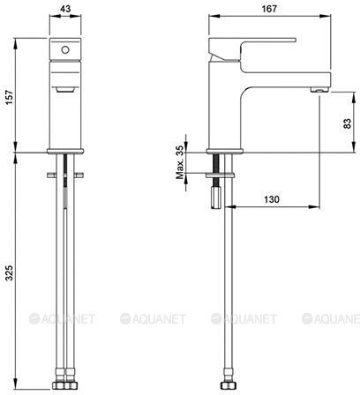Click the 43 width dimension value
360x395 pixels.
click(65, 9)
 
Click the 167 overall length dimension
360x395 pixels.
click(269, 9)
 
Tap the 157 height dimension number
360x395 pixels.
click(9, 98)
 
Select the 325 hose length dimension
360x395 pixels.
click(9, 272)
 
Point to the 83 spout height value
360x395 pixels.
click(347, 123)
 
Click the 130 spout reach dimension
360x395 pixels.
click(271, 199)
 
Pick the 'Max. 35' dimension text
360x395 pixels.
click(180, 162)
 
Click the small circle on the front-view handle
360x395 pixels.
click(65, 50)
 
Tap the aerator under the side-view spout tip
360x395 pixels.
click(319, 89)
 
